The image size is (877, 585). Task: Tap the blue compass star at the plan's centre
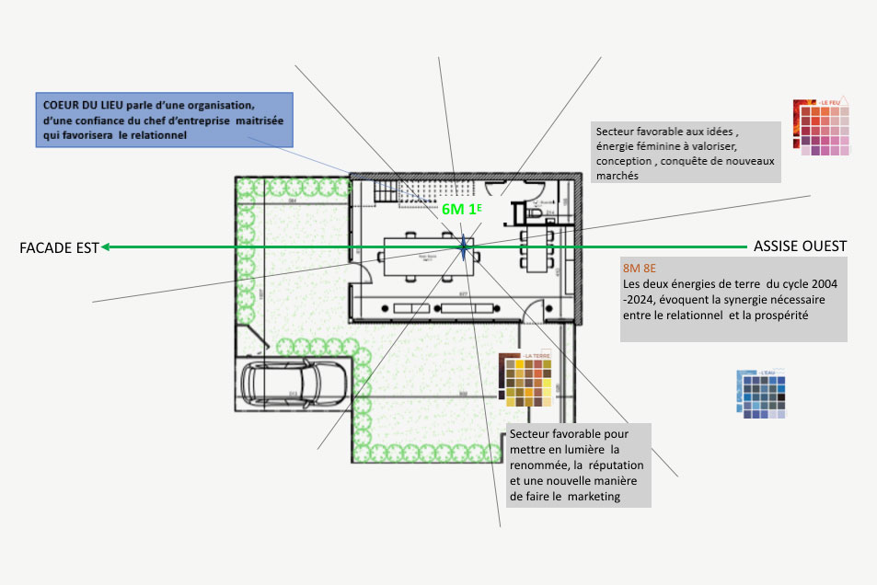tap(463, 247)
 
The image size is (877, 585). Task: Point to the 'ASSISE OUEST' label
tap(800, 247)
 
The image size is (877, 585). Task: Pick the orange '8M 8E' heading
tap(640, 268)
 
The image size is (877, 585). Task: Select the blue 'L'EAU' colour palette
tap(763, 395)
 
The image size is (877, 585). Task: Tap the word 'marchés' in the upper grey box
tap(617, 177)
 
